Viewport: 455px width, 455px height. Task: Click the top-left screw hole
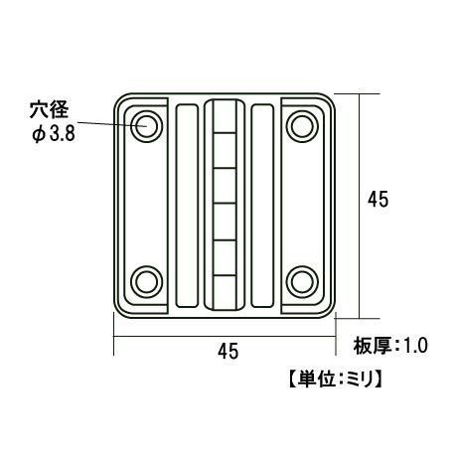click(147, 125)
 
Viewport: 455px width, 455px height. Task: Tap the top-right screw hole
click(301, 125)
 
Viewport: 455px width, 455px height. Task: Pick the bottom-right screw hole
click(301, 281)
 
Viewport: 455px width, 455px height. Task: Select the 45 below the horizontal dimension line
click(228, 351)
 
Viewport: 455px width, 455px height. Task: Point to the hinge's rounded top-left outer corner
click(120, 100)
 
